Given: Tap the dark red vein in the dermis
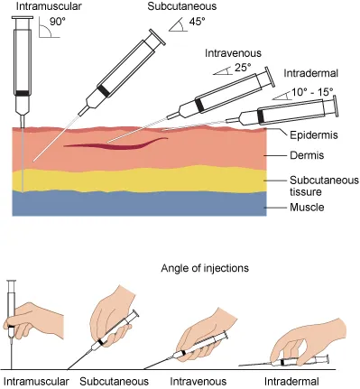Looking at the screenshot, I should [117, 143].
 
